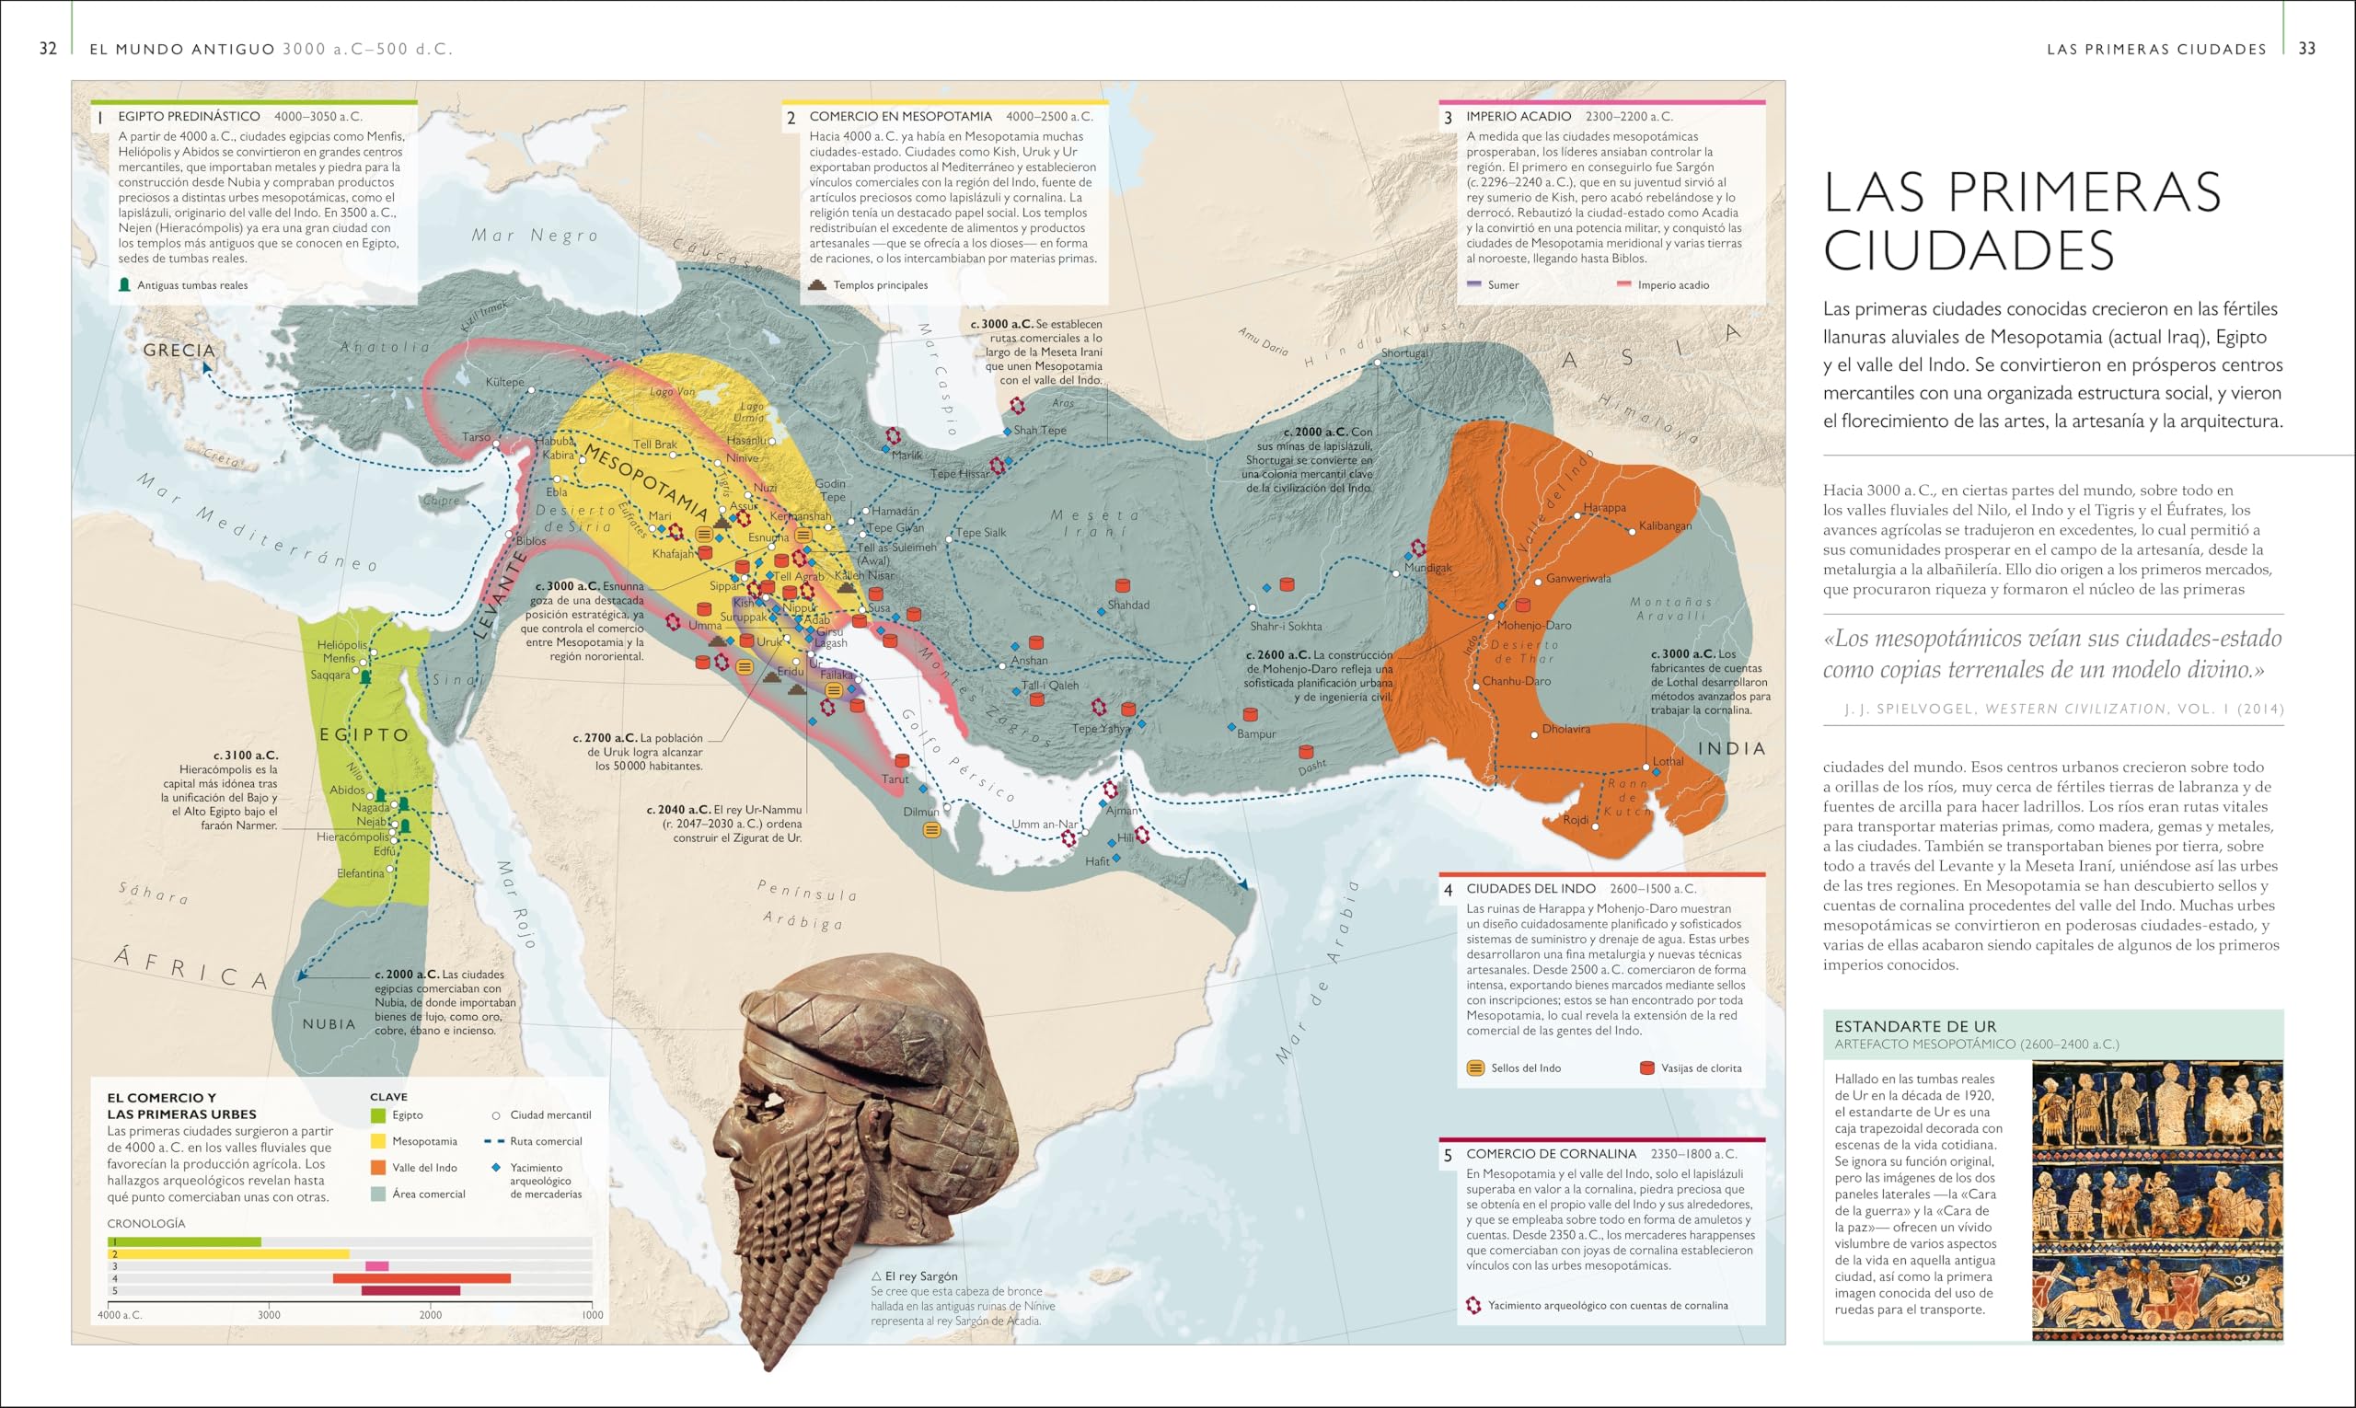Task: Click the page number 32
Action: (49, 49)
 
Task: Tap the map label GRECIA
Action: (179, 350)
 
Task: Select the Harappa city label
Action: (1604, 508)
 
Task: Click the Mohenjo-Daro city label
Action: (1534, 625)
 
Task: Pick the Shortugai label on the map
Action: (1404, 353)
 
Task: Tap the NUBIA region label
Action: (329, 1023)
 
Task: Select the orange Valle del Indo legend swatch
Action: (378, 1168)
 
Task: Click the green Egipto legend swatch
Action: (378, 1115)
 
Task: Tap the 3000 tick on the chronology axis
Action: (270, 1314)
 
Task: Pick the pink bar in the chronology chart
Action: (376, 1265)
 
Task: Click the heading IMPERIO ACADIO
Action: (1519, 116)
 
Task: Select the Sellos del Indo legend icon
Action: (1475, 1068)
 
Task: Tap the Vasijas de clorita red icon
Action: (1647, 1068)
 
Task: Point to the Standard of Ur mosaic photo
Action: (2156, 1199)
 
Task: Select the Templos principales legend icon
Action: (817, 284)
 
